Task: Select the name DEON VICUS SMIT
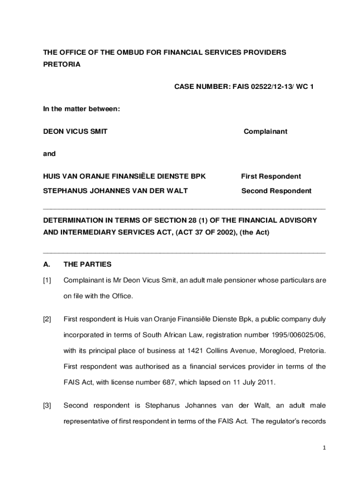pyautogui.click(x=75, y=131)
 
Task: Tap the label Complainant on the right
pyautogui.click(x=266, y=131)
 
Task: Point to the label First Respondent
pyautogui.click(x=271, y=176)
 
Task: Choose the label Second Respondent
pyautogui.click(x=276, y=191)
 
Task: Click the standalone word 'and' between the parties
pyautogui.click(x=49, y=153)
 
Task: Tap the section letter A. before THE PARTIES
pyautogui.click(x=47, y=264)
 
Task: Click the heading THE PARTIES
pyautogui.click(x=87, y=264)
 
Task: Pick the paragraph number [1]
pyautogui.click(x=47, y=281)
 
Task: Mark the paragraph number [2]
pyautogui.click(x=47, y=319)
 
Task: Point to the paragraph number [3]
pyautogui.click(x=47, y=405)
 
